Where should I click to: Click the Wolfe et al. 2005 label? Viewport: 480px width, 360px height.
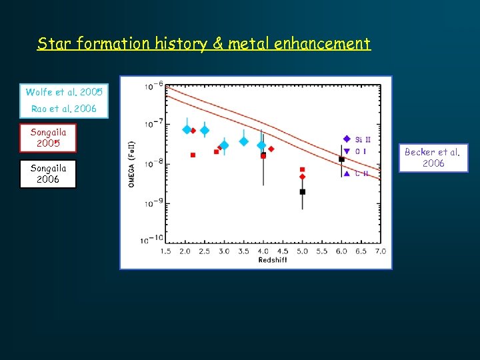point(64,92)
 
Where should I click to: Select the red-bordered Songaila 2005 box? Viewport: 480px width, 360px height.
point(48,138)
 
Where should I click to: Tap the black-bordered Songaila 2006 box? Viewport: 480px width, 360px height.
point(48,174)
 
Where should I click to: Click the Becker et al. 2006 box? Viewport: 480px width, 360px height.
point(433,158)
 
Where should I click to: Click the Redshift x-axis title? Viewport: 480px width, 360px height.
point(273,260)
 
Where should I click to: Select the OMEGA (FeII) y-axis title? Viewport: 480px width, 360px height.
point(131,163)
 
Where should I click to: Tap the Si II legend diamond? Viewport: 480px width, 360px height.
point(346,139)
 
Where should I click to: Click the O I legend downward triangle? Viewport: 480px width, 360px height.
point(346,151)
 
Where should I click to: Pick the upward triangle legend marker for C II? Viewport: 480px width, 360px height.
point(346,173)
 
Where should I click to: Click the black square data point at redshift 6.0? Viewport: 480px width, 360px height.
point(341,159)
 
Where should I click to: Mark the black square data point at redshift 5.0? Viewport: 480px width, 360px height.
point(302,191)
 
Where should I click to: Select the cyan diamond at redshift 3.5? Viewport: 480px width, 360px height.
point(244,141)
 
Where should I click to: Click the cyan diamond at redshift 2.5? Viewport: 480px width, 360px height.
point(205,131)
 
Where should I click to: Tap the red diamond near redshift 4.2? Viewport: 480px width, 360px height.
point(271,149)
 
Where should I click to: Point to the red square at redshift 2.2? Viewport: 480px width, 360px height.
point(193,155)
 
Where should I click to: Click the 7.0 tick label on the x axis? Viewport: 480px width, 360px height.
point(380,251)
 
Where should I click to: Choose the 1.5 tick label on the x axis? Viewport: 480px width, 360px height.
point(165,251)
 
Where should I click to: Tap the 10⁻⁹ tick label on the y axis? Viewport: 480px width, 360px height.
point(153,203)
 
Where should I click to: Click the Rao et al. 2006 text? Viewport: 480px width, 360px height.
point(64,109)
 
